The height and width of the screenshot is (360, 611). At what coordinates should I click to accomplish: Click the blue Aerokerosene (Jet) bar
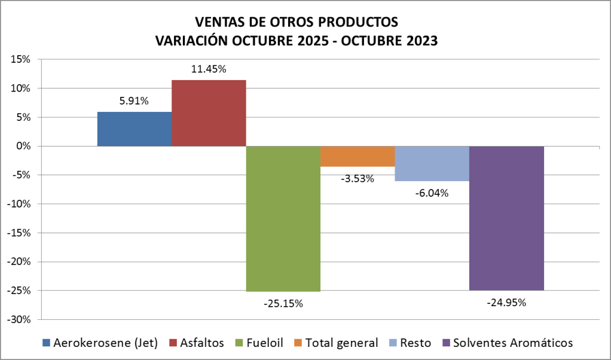coord(134,129)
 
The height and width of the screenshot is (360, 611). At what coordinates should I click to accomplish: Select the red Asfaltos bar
coord(209,113)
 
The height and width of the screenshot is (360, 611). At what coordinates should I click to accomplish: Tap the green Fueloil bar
coord(283,219)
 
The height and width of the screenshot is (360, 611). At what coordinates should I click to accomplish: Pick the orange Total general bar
coord(358,157)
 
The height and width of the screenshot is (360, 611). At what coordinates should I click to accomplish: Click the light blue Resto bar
coord(432,163)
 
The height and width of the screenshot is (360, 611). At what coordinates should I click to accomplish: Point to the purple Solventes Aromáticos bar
coord(506,218)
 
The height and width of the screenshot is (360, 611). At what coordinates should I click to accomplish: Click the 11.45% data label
coord(209,69)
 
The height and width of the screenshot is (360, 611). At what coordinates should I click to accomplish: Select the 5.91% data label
coord(134,101)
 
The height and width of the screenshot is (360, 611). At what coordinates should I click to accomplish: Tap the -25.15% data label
coord(283,304)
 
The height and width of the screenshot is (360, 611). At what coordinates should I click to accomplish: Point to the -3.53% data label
coord(357,178)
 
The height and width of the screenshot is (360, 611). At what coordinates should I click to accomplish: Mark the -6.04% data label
coord(432,193)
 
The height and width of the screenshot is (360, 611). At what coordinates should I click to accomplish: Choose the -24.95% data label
coord(506,303)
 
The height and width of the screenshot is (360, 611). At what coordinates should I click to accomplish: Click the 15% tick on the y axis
coord(20,59)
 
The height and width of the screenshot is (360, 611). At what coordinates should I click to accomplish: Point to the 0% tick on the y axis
coord(23,146)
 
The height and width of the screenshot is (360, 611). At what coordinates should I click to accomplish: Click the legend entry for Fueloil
coord(261,343)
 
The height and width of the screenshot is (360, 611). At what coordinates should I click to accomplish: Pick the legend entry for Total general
coord(341,343)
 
